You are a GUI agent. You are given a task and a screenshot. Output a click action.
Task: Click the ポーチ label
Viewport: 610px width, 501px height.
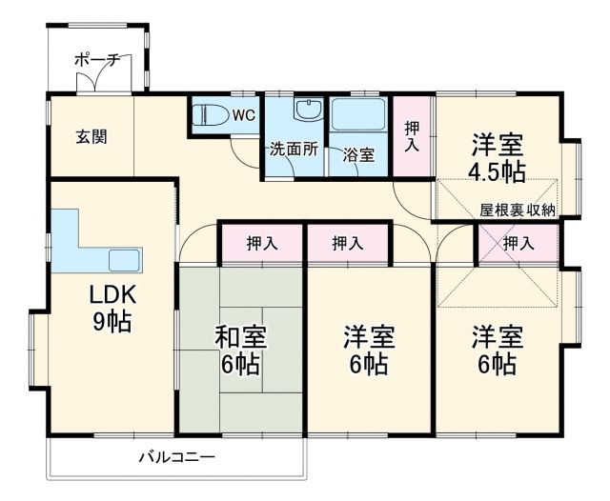[x=98, y=60]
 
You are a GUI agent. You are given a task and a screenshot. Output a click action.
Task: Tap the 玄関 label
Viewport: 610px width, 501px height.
[x=91, y=136]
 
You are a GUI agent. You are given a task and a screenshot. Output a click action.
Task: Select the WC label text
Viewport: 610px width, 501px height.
[x=243, y=116]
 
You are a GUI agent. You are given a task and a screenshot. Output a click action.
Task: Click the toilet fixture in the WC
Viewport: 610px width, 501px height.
[x=211, y=116]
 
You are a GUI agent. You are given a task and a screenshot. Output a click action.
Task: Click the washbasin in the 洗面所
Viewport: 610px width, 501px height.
[x=308, y=110]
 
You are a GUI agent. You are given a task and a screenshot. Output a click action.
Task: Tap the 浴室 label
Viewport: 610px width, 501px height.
[x=359, y=151]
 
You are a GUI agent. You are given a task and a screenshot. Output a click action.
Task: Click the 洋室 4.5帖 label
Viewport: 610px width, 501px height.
[x=498, y=158]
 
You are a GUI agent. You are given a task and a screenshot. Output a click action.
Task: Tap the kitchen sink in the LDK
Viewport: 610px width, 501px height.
[x=125, y=259]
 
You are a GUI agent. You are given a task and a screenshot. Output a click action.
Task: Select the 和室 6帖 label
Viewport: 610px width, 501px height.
[x=239, y=350]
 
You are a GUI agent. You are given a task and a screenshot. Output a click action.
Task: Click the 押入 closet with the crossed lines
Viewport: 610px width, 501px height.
[x=518, y=244]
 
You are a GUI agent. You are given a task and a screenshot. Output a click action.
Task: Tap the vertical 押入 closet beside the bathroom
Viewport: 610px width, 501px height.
[x=412, y=135]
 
